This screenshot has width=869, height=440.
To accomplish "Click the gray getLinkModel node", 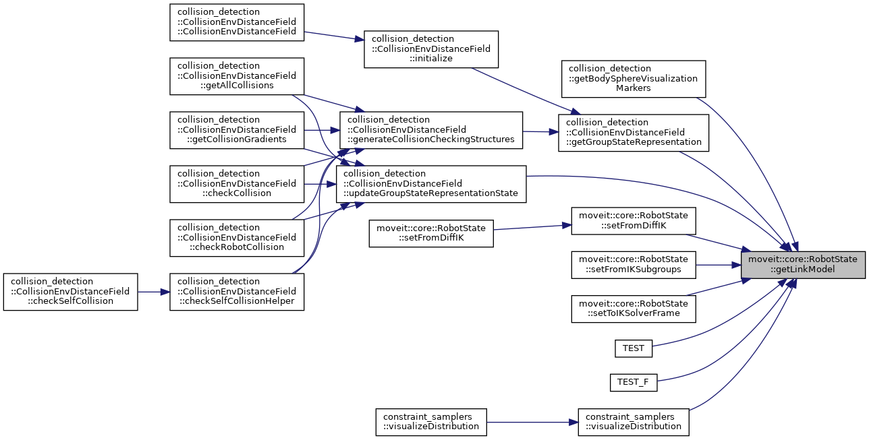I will [x=803, y=264].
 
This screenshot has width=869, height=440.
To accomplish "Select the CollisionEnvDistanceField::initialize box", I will [x=430, y=49].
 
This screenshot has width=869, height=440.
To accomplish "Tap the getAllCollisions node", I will [x=236, y=75].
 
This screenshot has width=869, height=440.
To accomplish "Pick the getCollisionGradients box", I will [x=236, y=129].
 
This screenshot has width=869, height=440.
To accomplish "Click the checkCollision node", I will [x=236, y=183].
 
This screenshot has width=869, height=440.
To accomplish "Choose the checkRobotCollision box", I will [x=236, y=237].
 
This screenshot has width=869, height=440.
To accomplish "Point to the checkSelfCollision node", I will [x=70, y=291].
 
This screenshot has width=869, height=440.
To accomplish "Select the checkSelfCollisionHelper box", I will [x=236, y=291].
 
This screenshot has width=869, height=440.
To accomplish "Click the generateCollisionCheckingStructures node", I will [x=431, y=129].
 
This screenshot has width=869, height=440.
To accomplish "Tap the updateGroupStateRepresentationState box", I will [x=430, y=183].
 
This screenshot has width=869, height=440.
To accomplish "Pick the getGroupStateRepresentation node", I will [x=634, y=132].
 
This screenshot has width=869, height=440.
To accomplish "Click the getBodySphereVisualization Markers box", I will [x=633, y=78].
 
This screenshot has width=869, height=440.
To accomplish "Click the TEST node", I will [x=633, y=348].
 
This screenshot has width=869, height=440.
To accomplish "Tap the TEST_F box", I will [x=633, y=382].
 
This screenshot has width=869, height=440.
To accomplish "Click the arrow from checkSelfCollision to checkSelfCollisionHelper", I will [x=153, y=291].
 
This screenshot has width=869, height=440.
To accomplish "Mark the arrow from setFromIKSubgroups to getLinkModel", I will [x=719, y=264].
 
